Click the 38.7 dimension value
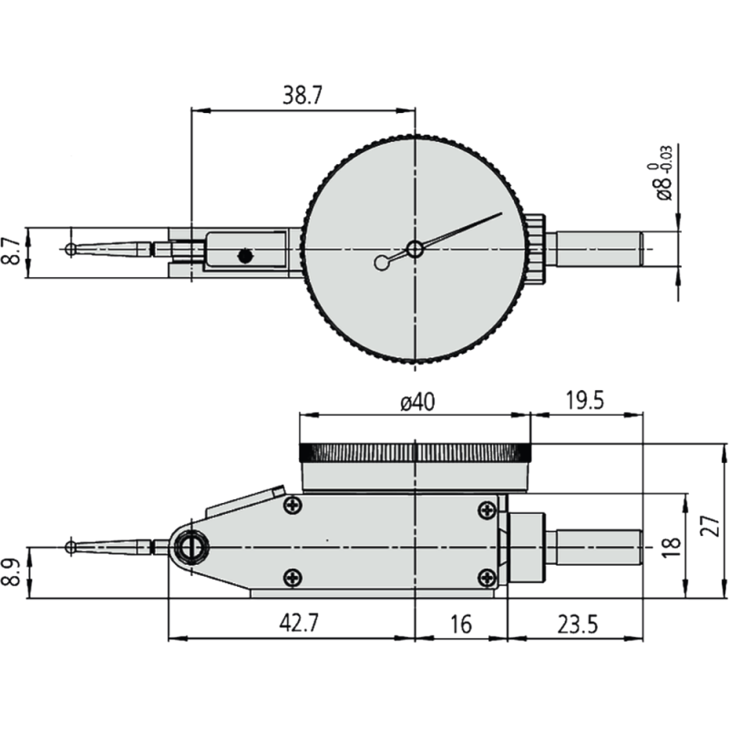point(303,96)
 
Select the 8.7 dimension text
point(10,251)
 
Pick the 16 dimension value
point(460,624)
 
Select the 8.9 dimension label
point(10,572)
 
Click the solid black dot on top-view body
point(244,256)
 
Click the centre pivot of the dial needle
point(416,249)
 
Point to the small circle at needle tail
point(381,263)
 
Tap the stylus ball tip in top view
point(71,249)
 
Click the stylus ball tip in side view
point(71,547)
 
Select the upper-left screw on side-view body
point(293,506)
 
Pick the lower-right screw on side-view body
point(488,576)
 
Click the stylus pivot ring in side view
point(191,547)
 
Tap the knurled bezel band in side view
point(415,453)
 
